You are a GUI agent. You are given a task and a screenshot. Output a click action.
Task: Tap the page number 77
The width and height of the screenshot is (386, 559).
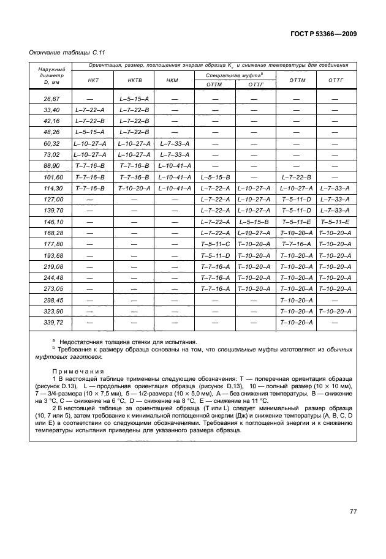(353, 512)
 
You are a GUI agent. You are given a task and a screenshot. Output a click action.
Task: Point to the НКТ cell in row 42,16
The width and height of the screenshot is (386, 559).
(89, 121)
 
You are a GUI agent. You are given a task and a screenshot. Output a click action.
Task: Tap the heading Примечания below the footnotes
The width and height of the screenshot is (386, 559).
(78, 371)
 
